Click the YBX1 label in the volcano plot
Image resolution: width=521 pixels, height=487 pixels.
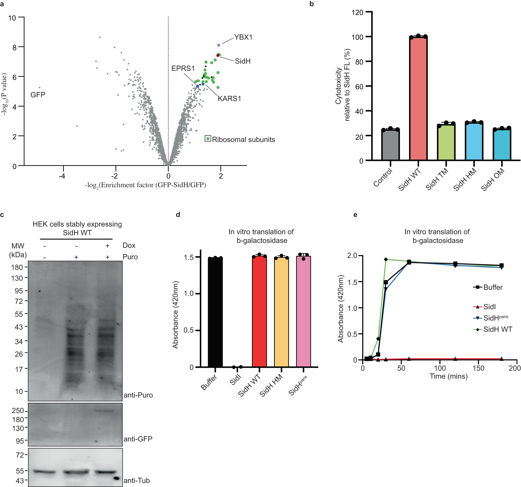(243, 37)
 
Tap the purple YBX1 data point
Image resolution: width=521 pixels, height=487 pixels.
(219, 45)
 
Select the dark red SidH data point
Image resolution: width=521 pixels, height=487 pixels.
(218, 55)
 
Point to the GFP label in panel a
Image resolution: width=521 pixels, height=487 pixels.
(38, 95)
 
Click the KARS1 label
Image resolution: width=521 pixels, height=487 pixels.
(229, 98)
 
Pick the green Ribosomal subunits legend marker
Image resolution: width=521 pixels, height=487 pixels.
(208, 139)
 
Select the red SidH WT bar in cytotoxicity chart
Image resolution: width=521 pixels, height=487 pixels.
(418, 98)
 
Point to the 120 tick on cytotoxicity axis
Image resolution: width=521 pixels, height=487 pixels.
(357, 13)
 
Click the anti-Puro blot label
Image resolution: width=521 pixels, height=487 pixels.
(138, 395)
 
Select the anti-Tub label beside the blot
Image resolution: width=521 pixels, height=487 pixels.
(137, 480)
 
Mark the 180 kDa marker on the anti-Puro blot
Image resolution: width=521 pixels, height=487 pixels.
(17, 267)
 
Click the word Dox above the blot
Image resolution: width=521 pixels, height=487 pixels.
(129, 246)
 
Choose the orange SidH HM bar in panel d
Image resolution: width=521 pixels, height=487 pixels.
(281, 312)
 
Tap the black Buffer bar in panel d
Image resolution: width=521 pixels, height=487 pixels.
(215, 312)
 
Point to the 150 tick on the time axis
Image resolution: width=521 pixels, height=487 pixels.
(478, 368)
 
